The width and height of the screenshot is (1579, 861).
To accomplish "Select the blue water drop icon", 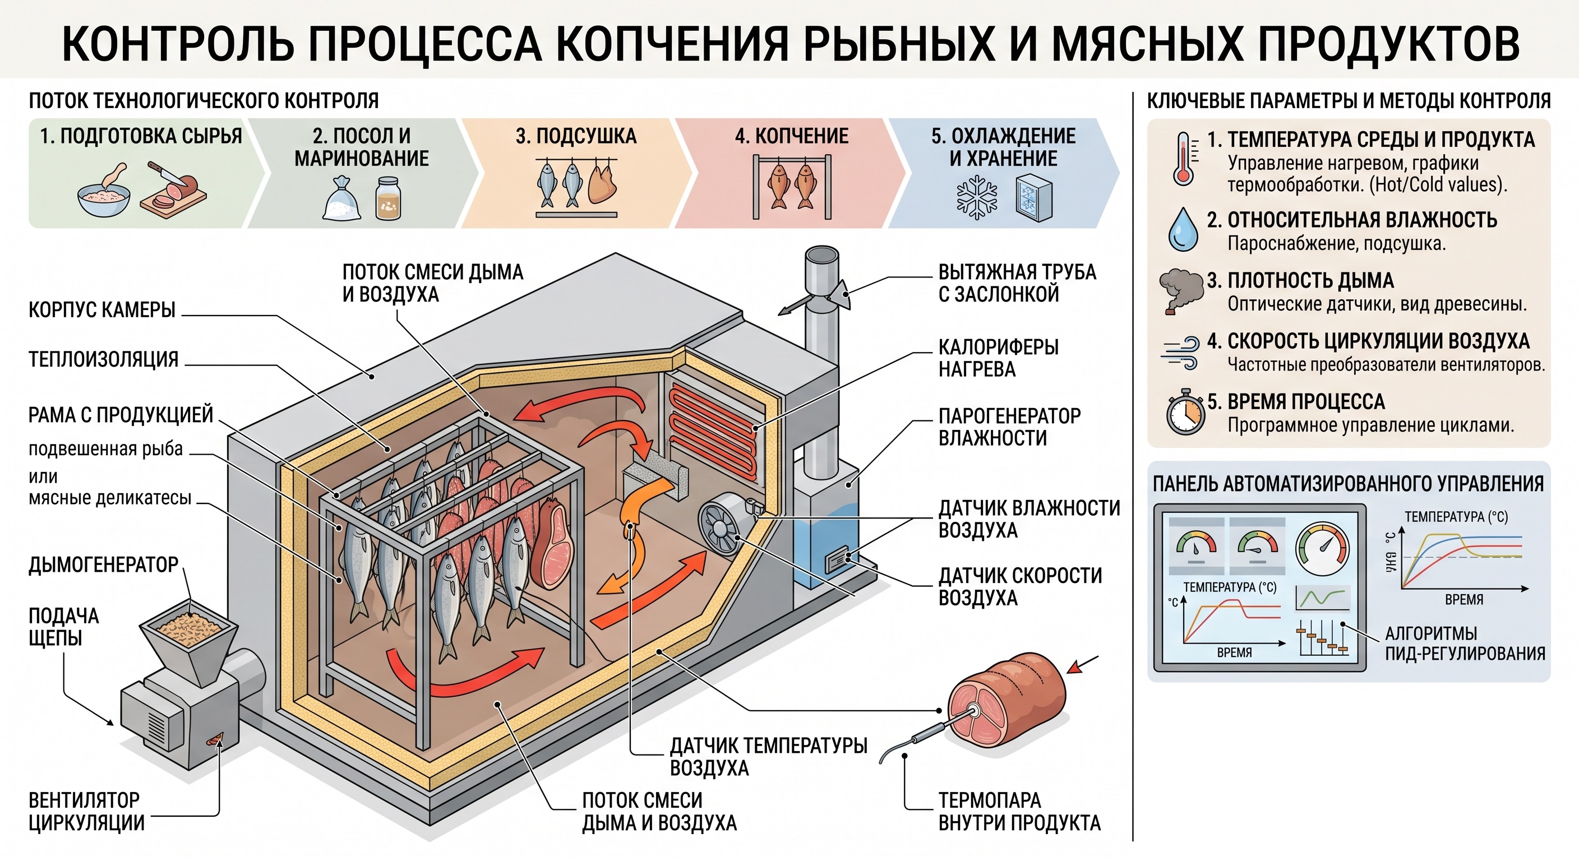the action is click(x=1183, y=229).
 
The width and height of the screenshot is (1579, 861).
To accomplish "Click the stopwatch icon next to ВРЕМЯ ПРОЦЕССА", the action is click(x=1185, y=412).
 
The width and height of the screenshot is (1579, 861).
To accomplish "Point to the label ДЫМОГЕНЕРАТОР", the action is click(x=104, y=564).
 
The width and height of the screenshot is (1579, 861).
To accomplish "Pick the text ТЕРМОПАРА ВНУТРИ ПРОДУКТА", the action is click(x=1019, y=811).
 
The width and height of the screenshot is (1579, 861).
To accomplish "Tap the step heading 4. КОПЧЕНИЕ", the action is click(x=791, y=136).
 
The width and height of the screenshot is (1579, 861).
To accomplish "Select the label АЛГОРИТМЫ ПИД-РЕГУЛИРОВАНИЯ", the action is click(x=1465, y=643).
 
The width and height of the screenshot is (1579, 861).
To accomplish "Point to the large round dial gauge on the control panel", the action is click(x=1323, y=549).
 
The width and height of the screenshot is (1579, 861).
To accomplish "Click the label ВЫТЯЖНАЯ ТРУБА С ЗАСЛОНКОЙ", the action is click(x=1017, y=283).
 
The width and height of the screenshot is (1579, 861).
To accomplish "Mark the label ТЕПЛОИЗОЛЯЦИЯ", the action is click(x=104, y=359).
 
